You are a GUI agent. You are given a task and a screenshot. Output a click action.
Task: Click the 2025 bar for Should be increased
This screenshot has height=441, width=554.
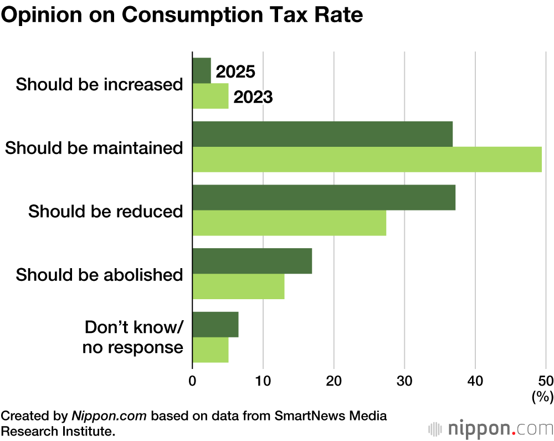202,71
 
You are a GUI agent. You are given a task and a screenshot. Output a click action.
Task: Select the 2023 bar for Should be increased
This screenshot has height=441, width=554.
211,96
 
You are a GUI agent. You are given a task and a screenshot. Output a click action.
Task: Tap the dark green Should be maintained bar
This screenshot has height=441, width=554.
322,134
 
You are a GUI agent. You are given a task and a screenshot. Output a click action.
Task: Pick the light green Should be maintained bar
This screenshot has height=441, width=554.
367,160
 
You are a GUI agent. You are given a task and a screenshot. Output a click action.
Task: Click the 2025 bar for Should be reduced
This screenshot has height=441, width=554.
324,198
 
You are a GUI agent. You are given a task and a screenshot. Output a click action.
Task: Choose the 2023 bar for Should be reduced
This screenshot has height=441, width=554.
289,223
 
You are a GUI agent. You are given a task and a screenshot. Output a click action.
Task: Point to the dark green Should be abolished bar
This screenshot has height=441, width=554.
252,261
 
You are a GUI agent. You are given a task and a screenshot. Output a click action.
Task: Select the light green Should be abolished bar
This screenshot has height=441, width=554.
238,286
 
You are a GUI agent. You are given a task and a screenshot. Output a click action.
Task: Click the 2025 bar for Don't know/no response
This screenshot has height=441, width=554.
216,325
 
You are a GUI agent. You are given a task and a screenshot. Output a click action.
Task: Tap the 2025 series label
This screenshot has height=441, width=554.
235,72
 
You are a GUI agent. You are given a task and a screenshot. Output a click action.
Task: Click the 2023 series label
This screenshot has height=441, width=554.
253,98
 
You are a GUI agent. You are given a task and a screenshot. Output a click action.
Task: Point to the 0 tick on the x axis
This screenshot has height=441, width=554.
192,381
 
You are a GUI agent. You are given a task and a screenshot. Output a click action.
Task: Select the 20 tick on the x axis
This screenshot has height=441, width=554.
334,381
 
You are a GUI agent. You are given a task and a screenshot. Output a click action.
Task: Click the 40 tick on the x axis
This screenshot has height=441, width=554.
475,381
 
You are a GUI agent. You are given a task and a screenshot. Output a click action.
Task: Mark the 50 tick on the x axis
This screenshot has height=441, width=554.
546,381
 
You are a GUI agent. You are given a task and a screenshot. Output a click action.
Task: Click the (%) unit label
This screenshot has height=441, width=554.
542,397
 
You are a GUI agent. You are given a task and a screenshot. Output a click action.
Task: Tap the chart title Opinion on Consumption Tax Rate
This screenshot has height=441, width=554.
182,15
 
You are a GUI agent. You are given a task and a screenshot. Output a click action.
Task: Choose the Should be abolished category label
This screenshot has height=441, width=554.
100,275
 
